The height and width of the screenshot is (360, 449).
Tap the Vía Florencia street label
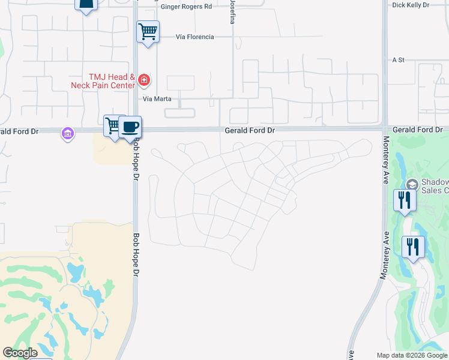pos(194,37)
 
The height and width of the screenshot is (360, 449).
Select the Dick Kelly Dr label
pos(411,5)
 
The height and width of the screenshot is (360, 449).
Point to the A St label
pos(399,60)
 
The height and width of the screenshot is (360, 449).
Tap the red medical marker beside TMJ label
pos(143,80)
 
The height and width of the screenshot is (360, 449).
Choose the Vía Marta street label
pos(158,98)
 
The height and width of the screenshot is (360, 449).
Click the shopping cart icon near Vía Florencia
pos(148,31)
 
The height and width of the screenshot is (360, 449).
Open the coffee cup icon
pos(130,127)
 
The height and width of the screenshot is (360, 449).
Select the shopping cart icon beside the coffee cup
pos(112,125)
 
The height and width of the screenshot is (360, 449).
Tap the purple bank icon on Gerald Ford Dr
pos(68,133)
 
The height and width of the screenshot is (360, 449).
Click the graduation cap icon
pos(412,184)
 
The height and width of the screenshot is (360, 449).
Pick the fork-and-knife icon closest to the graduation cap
pos(405,199)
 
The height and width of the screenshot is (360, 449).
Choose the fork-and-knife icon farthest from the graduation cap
pos(413,246)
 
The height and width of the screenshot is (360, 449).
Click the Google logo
pos(20,353)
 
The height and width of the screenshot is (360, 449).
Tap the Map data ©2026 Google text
pos(412,355)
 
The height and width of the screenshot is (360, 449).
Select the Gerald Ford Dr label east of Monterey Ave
pos(417,130)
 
